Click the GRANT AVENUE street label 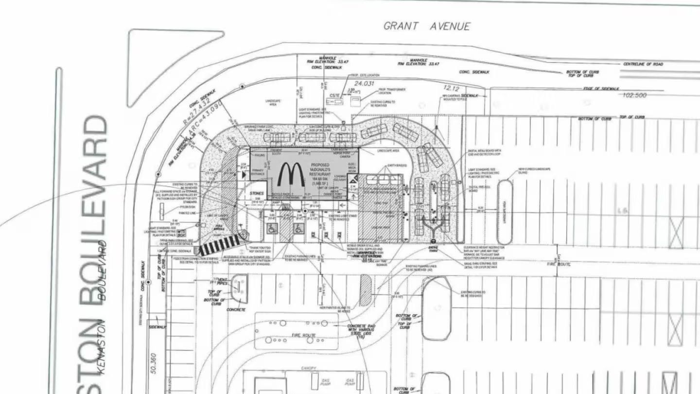(x=427, y=26)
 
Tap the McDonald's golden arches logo (x=291, y=174)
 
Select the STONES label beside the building (x=257, y=193)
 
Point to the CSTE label (x=334, y=95)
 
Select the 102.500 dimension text (x=635, y=95)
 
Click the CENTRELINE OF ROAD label (x=643, y=64)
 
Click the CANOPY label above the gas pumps (x=308, y=368)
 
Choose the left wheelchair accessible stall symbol (x=272, y=228)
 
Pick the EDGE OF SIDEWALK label (x=601, y=89)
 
